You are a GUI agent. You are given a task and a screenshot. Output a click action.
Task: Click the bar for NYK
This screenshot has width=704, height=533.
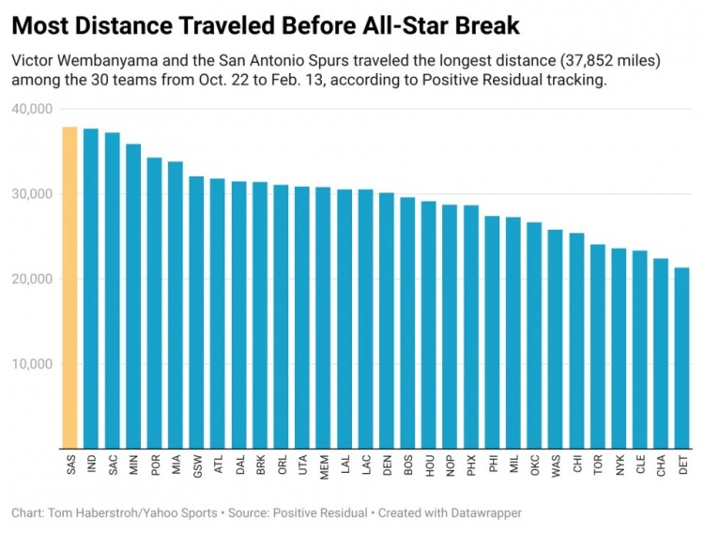pos(619,348)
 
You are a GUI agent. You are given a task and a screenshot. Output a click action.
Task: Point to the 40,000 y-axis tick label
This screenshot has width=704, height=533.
pos(33,109)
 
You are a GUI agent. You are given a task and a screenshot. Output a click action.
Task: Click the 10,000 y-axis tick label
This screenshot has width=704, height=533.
pos(33,364)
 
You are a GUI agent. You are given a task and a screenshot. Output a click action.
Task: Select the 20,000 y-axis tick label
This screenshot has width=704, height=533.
pos(33,279)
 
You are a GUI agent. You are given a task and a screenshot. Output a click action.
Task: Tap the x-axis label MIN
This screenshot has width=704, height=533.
pos(133,464)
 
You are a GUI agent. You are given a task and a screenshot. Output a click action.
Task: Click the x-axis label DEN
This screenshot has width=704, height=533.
pos(387,464)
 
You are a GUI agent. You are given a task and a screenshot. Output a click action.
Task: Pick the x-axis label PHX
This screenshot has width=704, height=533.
pos(471,464)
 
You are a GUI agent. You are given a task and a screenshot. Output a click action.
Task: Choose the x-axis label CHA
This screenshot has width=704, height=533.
pos(661,464)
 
